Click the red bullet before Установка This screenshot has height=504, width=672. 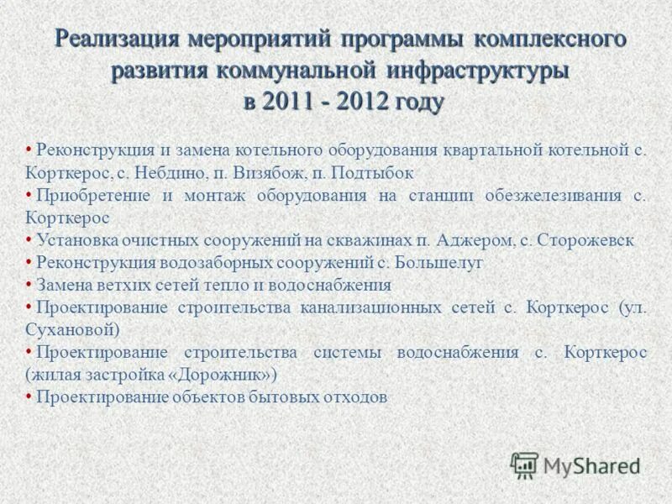click(x=29, y=239)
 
